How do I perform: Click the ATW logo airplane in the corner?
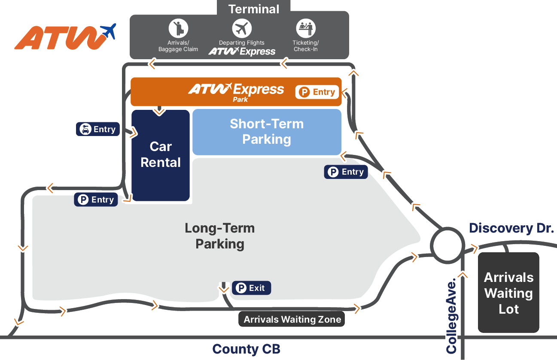click(x=108, y=31)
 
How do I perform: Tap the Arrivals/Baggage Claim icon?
click(x=178, y=28)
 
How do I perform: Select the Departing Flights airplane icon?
click(x=241, y=29)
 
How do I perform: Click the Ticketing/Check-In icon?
click(x=306, y=29)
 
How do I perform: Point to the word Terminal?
click(x=254, y=9)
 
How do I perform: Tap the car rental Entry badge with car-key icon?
click(x=97, y=129)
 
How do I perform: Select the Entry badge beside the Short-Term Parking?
click(x=346, y=172)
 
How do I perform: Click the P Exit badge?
click(x=252, y=288)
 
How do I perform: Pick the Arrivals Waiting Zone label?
click(x=292, y=319)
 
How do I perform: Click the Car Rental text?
click(x=161, y=154)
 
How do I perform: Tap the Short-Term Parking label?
click(x=267, y=131)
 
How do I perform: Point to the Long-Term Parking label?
click(x=220, y=236)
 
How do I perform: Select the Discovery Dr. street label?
click(x=511, y=228)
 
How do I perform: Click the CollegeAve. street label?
click(x=451, y=317)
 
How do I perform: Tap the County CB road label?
click(x=246, y=349)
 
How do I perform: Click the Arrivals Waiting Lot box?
click(x=508, y=293)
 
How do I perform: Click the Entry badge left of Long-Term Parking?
click(x=96, y=200)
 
